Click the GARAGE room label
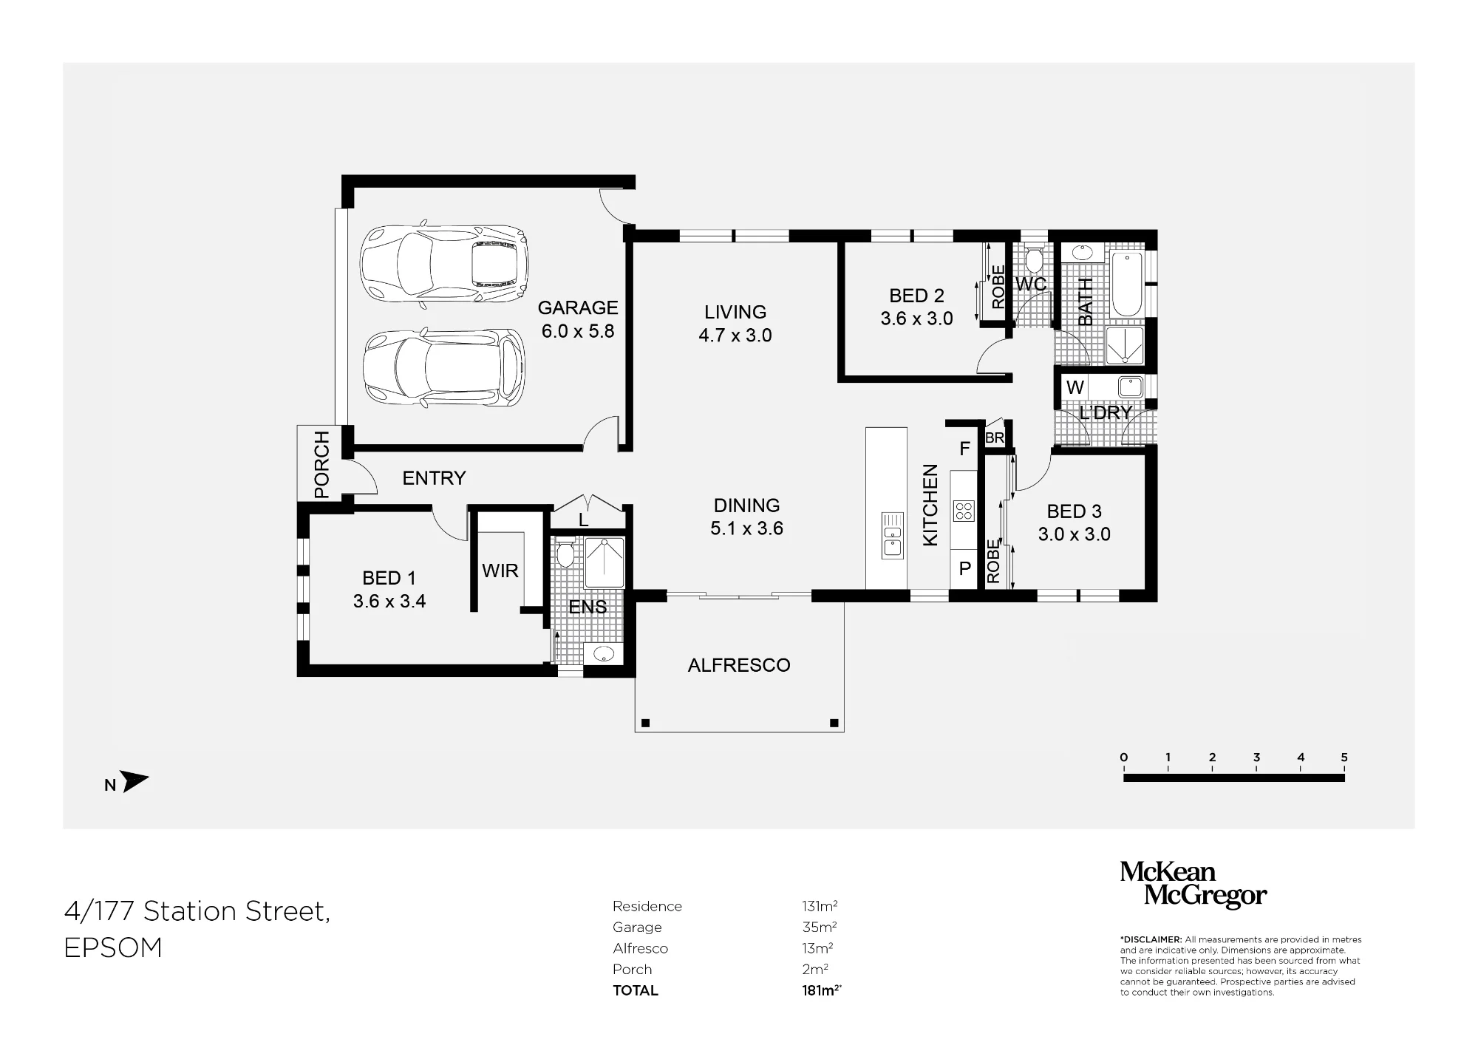click(578, 307)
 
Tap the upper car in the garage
click(444, 264)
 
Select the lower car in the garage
click(444, 367)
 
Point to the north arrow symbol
click(134, 782)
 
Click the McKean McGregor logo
click(1193, 884)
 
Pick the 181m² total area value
click(821, 990)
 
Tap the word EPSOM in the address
click(113, 948)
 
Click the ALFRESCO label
click(739, 665)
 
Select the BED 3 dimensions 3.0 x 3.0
click(1075, 534)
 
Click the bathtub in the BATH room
click(1126, 285)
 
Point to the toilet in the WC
click(1034, 258)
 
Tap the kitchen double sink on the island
click(893, 536)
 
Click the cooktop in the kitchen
click(964, 511)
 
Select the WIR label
click(500, 571)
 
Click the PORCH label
click(321, 465)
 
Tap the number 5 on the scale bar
click(1344, 758)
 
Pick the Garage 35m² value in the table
click(819, 927)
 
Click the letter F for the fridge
click(964, 449)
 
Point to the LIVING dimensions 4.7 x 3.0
click(735, 336)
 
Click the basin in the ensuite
click(605, 654)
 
